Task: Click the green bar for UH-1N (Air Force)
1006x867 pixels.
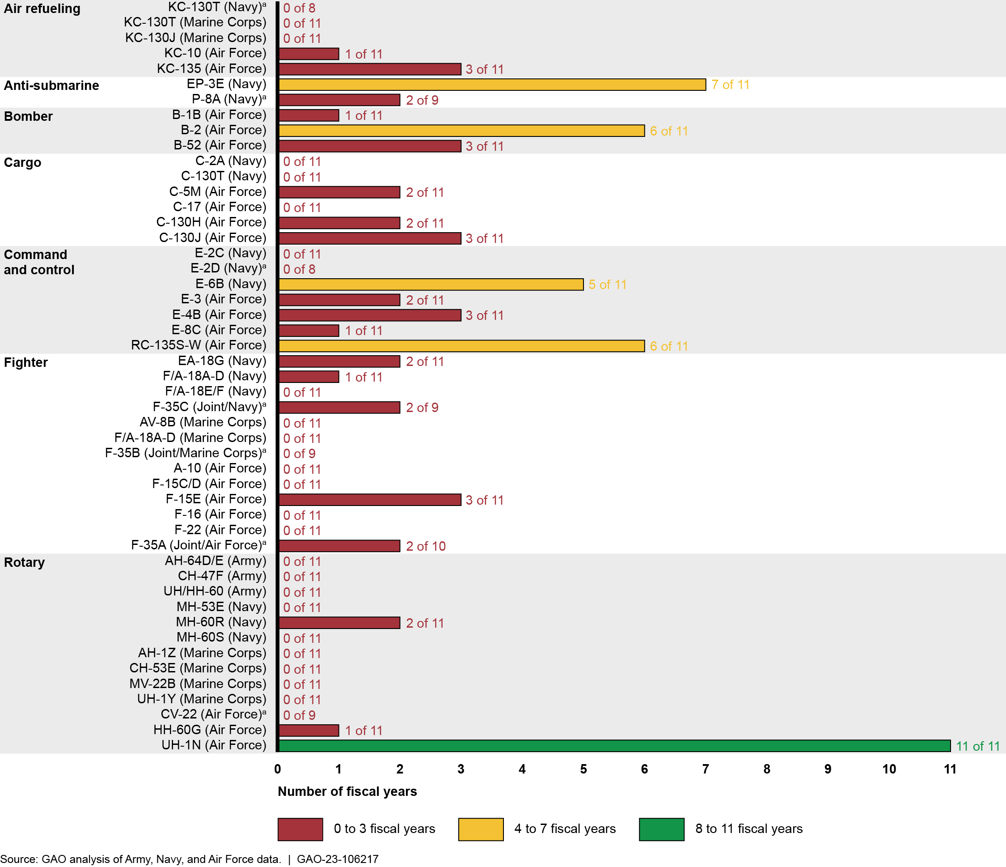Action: coord(614,746)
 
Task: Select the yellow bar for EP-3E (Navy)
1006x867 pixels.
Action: coord(492,85)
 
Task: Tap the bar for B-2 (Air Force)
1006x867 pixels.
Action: coord(461,131)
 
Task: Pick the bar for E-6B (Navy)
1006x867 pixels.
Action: coord(431,285)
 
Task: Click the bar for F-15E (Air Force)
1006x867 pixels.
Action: coord(369,500)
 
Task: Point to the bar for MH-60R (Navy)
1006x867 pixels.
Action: coord(339,623)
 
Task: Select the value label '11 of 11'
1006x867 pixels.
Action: coord(977,746)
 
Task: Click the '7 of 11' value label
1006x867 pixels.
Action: coord(730,85)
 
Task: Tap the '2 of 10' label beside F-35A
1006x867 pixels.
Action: coord(425,546)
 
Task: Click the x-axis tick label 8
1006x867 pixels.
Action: coord(767,769)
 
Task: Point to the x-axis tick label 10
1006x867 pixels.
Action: coord(888,769)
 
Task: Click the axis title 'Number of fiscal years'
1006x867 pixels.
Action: coord(347,792)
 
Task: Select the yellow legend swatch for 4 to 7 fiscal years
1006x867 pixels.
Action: coord(481,829)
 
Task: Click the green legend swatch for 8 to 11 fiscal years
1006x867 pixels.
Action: coord(661,829)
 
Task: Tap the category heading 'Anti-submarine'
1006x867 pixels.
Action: coord(51,85)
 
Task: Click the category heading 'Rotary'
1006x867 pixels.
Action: coord(24,562)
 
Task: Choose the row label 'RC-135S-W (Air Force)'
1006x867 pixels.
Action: coord(199,345)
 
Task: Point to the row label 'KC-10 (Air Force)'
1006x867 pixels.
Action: coord(215,53)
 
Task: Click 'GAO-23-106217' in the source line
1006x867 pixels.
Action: coord(338,859)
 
